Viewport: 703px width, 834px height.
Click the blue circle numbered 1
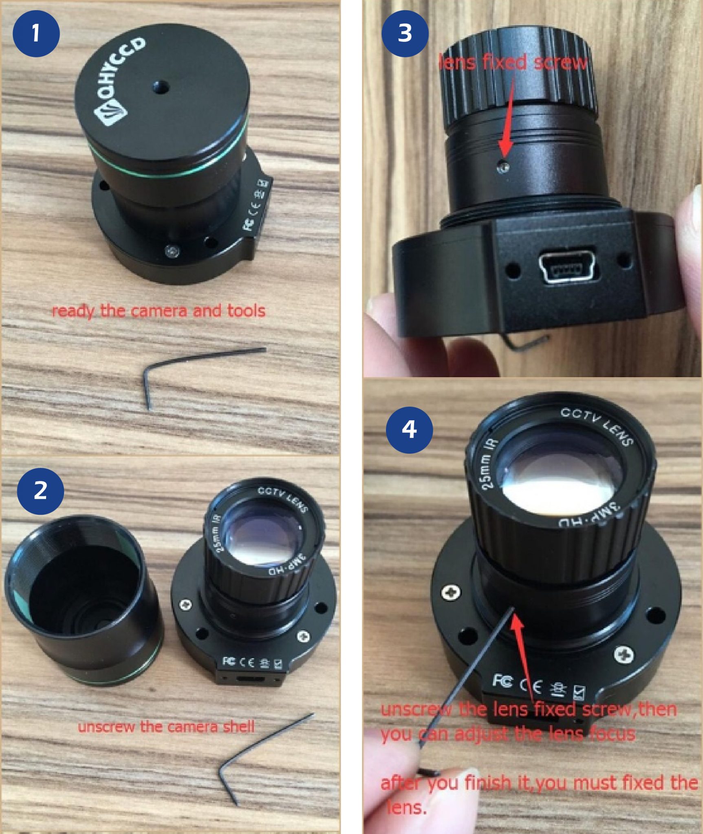coord(36,33)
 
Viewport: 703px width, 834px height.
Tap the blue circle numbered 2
coord(40,491)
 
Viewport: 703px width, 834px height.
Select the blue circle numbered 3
coord(405,33)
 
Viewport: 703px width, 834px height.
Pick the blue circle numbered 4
coord(409,430)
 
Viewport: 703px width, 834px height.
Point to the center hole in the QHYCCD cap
coord(161,86)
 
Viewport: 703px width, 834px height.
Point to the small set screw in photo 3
coord(504,167)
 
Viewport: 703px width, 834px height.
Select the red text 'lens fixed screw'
coord(513,62)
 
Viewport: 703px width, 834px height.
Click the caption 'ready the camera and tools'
coord(159,311)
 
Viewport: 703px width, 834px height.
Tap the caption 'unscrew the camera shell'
coord(166,726)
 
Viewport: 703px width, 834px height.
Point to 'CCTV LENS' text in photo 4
coord(597,426)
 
